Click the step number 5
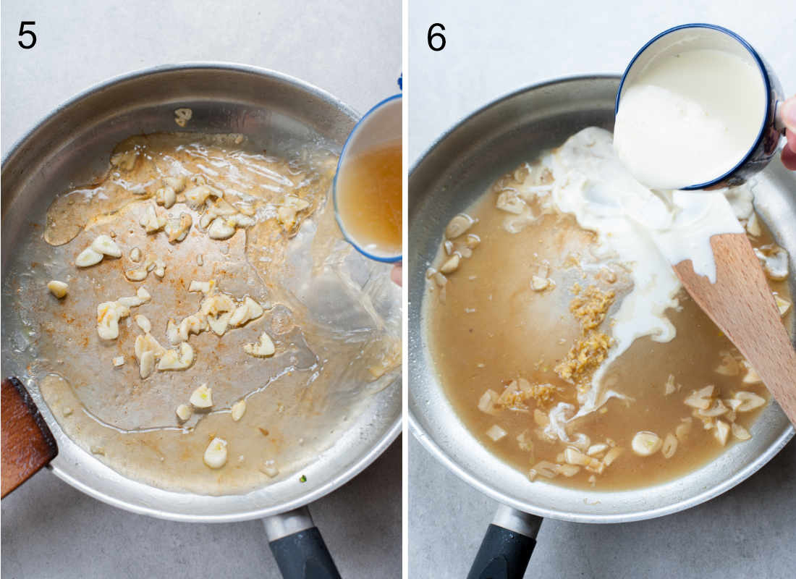27,35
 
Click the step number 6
436,35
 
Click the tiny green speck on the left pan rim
302,478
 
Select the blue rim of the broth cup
338,203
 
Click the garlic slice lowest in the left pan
215,453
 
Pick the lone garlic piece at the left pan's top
183,115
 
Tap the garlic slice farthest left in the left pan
58,289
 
